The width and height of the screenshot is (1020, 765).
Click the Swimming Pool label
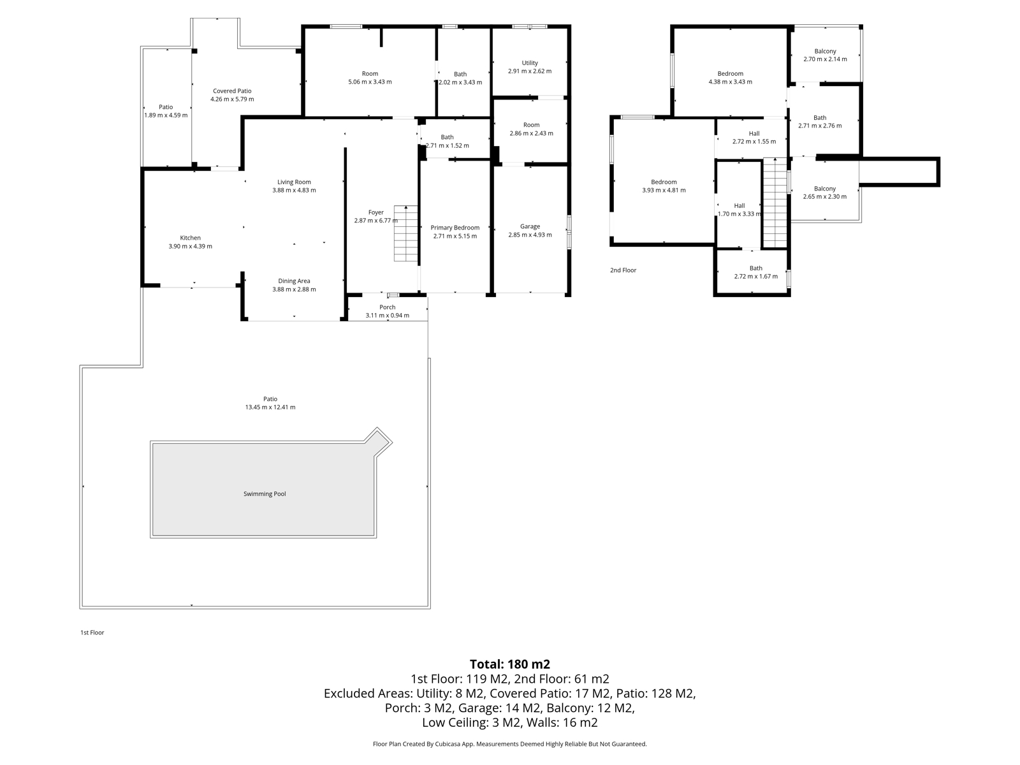265,494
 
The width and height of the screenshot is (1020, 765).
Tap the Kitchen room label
190,238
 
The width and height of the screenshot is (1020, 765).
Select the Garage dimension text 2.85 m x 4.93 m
530,235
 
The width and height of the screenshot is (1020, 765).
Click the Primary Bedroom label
455,228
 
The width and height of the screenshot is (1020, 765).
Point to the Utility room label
530,63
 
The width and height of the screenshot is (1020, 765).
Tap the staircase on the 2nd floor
776,203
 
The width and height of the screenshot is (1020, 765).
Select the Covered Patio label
232,91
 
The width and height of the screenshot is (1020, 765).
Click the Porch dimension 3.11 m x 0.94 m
387,316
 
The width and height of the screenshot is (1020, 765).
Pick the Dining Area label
294,281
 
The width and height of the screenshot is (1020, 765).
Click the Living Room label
294,182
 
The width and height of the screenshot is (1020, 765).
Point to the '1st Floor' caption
92,632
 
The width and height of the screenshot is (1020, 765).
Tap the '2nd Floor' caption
623,270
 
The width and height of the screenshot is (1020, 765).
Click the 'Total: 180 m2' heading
509,664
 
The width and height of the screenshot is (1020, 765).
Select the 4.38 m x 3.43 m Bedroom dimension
730,82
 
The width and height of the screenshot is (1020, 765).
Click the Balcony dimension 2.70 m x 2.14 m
825,59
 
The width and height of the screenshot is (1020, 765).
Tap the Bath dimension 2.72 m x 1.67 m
755,277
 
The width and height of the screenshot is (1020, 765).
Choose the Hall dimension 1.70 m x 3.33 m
739,214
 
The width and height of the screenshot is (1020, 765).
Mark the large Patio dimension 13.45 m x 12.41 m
270,407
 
